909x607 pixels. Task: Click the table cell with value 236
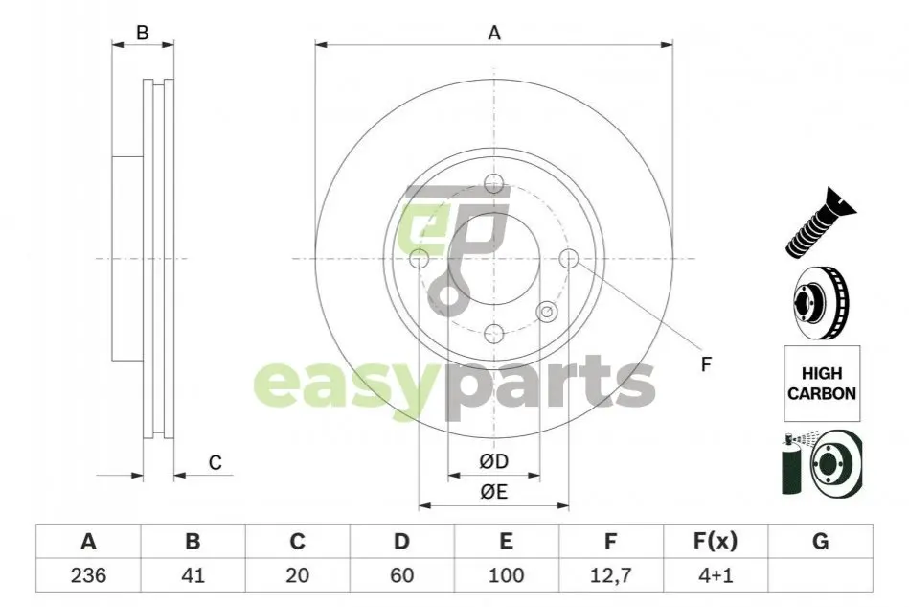[x=88, y=575]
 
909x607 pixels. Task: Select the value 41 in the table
[x=193, y=575]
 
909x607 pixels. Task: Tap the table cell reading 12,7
[x=610, y=575]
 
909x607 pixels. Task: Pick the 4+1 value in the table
[x=716, y=575]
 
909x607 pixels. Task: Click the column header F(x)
[x=716, y=542]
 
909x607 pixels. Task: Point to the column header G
[x=820, y=542]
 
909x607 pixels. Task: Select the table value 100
[x=506, y=575]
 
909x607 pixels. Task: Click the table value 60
[x=401, y=575]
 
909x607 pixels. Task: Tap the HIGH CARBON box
[x=822, y=383]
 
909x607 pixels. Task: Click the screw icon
[x=820, y=223]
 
